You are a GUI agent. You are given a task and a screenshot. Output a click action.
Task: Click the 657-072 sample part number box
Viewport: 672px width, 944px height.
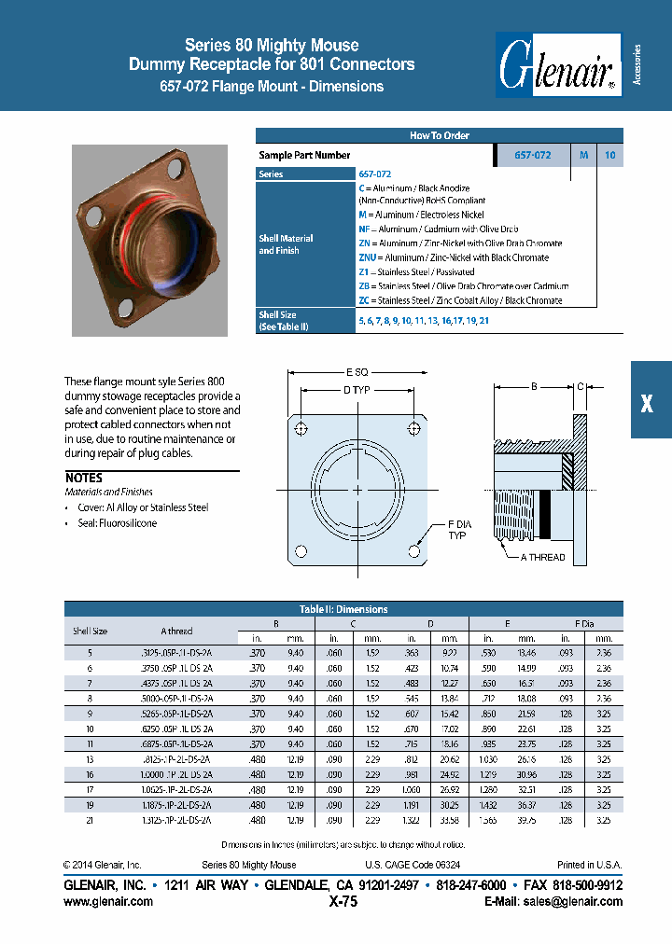[x=532, y=156]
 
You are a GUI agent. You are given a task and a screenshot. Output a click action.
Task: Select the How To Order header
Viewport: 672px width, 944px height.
[x=439, y=135]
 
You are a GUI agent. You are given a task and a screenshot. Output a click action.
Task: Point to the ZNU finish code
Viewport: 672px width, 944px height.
[x=370, y=257]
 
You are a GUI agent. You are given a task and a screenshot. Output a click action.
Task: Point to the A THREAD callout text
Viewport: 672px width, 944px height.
[x=542, y=557]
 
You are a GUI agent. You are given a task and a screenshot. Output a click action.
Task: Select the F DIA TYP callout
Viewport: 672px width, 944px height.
[x=458, y=531]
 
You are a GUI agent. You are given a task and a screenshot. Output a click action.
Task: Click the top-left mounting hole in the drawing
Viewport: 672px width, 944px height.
[x=301, y=428]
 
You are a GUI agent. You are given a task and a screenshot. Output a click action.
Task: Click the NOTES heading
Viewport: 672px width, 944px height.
[x=84, y=477]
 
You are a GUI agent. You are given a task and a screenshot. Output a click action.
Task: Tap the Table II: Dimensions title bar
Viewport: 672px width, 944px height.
[x=343, y=609]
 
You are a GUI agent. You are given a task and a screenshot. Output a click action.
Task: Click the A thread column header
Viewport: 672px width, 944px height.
[x=176, y=631]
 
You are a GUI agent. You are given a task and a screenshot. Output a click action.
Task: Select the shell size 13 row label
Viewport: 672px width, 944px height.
[x=91, y=759]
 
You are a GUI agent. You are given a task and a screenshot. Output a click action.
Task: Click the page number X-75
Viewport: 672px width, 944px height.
[x=343, y=902]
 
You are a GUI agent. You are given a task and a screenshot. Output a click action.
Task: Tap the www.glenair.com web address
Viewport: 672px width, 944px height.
[x=108, y=902]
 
